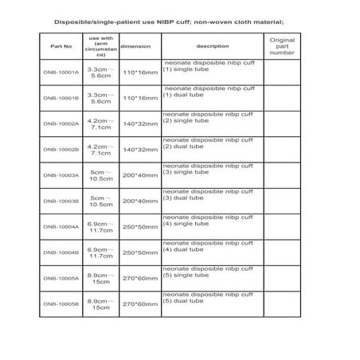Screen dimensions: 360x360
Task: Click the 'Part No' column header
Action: tap(55, 45)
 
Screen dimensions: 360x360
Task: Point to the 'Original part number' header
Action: tap(282, 45)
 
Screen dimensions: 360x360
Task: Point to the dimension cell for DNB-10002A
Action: tap(138, 123)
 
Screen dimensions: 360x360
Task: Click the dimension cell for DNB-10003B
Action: tap(138, 201)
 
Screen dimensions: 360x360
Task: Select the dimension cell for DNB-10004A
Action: tap(138, 227)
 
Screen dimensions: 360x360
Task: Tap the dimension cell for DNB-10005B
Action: tap(138, 304)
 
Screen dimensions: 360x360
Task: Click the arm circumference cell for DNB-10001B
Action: tap(100, 97)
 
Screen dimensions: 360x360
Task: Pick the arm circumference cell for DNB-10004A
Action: tap(100, 227)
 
